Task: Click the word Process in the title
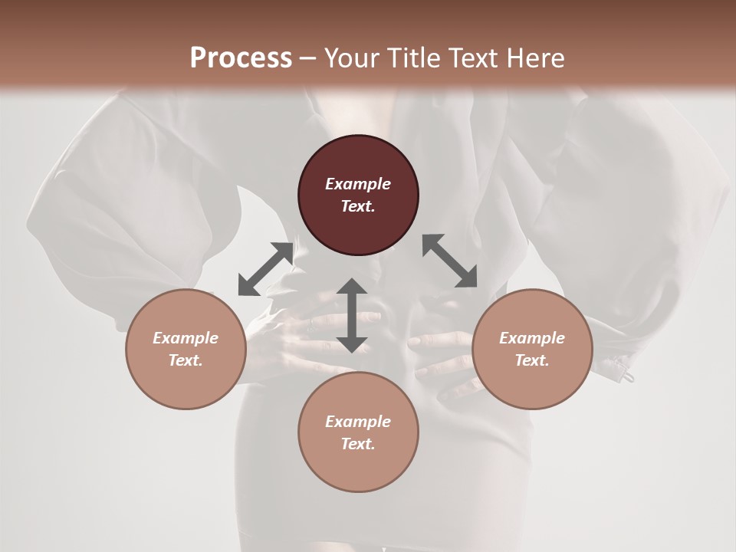coord(241,58)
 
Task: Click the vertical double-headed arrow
coord(352,315)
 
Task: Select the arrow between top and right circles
coord(449,261)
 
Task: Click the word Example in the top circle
coord(358,184)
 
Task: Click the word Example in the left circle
coord(186,338)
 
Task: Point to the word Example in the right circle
coord(532,338)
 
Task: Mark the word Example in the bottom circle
coord(358,422)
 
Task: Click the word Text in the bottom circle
coord(358,444)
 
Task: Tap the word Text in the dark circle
coord(358,206)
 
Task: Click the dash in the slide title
coord(307,59)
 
